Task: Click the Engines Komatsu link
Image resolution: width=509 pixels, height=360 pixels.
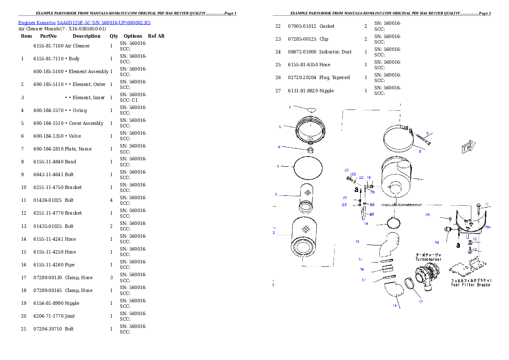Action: tap(37, 23)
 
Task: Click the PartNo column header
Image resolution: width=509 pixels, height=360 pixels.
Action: tap(48, 36)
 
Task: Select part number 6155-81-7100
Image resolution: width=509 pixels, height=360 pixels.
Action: tap(48, 46)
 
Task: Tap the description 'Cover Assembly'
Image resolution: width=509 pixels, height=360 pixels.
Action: tap(86, 123)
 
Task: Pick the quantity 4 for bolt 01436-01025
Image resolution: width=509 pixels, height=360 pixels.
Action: tap(111, 200)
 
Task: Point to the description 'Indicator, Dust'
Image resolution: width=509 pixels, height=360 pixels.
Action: tap(335, 52)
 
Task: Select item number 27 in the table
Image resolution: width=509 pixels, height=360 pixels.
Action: tap(278, 91)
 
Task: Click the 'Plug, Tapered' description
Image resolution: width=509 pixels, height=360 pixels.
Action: tap(334, 77)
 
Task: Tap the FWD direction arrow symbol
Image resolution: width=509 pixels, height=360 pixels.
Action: tap(468, 147)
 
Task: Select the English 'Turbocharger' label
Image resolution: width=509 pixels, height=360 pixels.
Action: tap(429, 260)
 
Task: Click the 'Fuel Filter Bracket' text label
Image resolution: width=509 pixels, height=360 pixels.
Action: tap(471, 285)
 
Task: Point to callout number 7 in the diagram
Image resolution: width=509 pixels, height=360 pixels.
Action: tap(290, 107)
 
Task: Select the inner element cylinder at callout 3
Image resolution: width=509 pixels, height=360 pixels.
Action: tap(306, 198)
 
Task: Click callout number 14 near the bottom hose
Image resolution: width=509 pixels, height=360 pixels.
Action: tap(395, 305)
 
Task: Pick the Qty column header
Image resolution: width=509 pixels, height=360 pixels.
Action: tap(114, 36)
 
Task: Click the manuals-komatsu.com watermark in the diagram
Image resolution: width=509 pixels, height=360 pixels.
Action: tap(402, 205)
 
